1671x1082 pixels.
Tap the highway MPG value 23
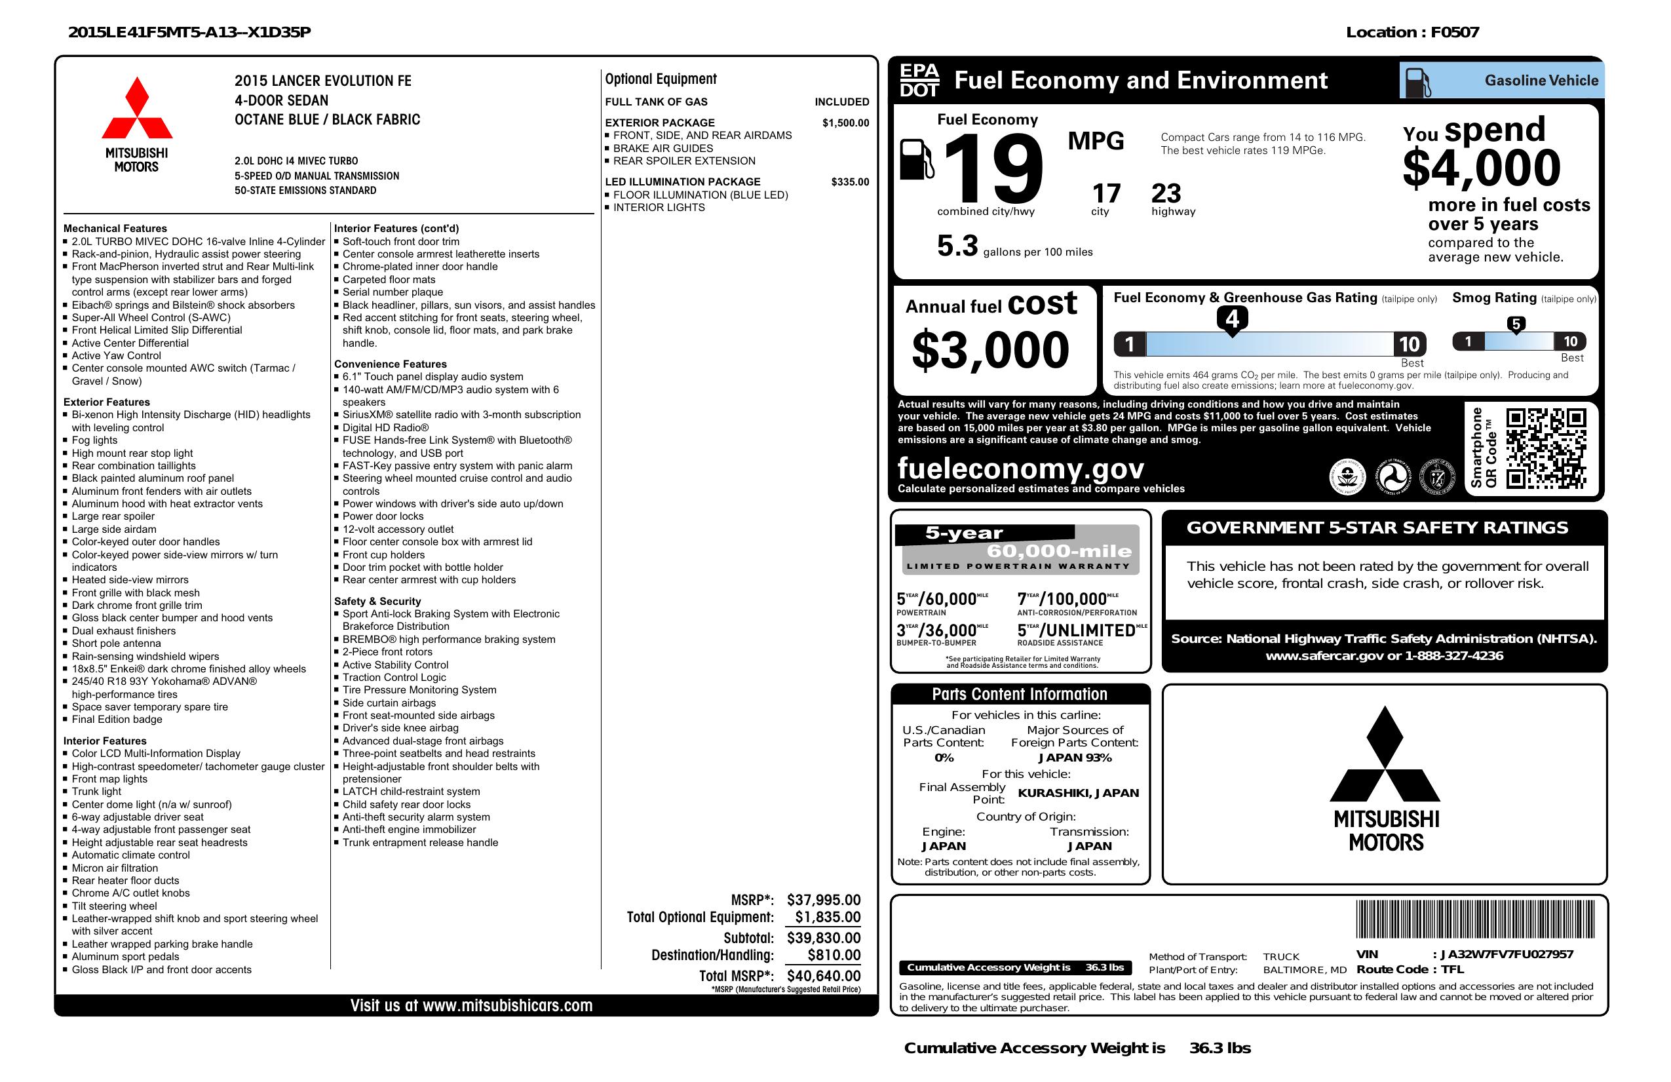[1166, 193]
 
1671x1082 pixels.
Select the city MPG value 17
[1106, 193]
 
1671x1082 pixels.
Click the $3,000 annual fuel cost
[990, 350]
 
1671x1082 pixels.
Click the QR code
[1545, 449]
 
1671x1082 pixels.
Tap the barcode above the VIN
[1475, 919]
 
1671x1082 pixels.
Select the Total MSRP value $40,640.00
[824, 975]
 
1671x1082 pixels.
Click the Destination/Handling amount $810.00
[834, 955]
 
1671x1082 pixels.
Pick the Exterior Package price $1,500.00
[845, 123]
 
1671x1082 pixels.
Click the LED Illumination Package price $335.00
[849, 182]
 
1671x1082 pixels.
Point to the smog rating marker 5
[1516, 324]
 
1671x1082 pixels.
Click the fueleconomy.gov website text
[1020, 468]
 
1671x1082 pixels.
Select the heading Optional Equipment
[661, 79]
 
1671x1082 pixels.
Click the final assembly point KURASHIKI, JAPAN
[1079, 793]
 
